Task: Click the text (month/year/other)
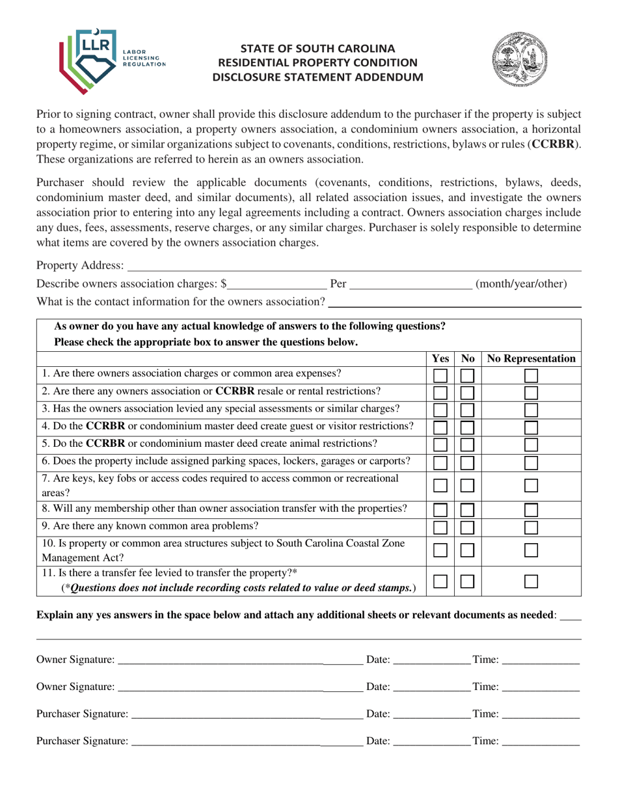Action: [x=521, y=284]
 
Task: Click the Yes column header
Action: [x=440, y=358]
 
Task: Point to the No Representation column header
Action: [x=531, y=358]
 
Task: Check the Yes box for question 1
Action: [x=440, y=375]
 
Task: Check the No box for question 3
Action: [x=468, y=410]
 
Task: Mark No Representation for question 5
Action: [x=531, y=445]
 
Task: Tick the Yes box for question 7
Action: [x=440, y=486]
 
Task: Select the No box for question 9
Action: [x=468, y=527]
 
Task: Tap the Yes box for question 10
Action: [x=440, y=550]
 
